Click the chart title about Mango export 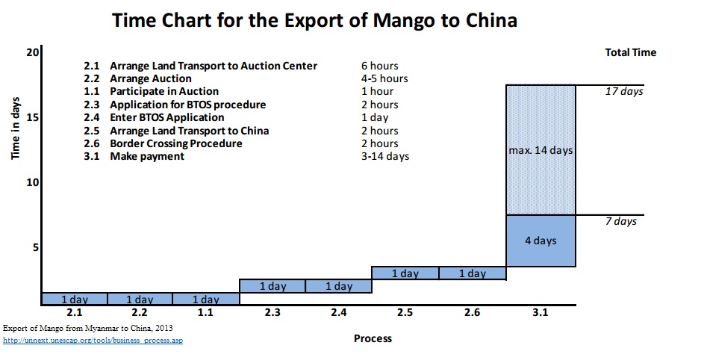(314, 20)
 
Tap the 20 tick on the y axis (31, 52)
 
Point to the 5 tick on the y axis (34, 247)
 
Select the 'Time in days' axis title (16, 130)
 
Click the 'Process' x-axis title (373, 338)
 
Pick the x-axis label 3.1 (541, 312)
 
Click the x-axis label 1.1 (206, 312)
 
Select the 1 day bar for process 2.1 (74, 299)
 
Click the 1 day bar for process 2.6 (473, 273)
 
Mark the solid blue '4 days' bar (541, 240)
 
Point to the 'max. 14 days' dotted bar (541, 150)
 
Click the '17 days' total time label (623, 92)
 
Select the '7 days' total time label (620, 222)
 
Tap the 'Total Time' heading (631, 52)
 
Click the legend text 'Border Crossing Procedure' (175, 143)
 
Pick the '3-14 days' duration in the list (384, 157)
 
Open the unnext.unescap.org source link (93, 341)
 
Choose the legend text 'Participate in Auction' (164, 91)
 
